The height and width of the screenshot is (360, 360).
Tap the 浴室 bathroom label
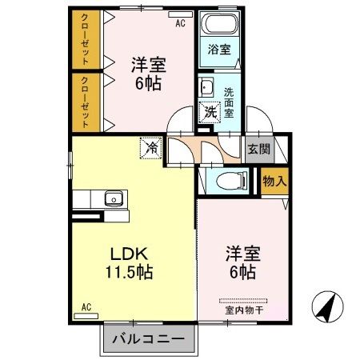pos(219,49)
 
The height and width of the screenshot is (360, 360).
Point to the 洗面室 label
pos(229,103)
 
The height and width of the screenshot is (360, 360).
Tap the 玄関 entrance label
pos(258,149)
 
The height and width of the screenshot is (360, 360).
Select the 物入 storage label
pos(274,182)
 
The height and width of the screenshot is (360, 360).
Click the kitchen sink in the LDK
pos(112,198)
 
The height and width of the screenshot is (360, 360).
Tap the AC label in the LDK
pos(86,306)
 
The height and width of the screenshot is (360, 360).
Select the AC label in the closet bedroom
pos(181,23)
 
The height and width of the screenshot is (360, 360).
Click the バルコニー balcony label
pos(148,338)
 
